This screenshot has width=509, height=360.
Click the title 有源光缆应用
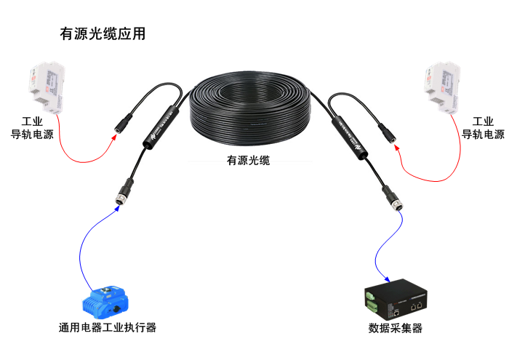point(102,34)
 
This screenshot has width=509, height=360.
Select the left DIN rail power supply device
point(44,87)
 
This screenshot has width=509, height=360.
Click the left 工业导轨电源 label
point(32,128)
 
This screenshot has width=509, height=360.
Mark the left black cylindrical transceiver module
point(161,127)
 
